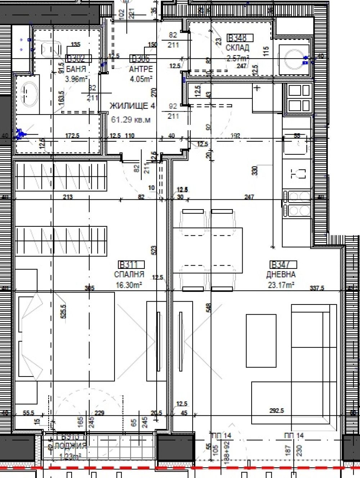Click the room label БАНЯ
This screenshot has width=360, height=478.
pyautogui.click(x=76, y=69)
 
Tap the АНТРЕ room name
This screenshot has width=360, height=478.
pyautogui.click(x=141, y=69)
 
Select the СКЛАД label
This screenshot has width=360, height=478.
pyautogui.click(x=237, y=48)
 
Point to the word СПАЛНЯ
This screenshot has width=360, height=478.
pyautogui.click(x=129, y=274)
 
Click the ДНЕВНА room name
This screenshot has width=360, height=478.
pyautogui.click(x=281, y=274)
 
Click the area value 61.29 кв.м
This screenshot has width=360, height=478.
pyautogui.click(x=131, y=119)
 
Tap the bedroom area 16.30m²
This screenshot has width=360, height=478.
pyautogui.click(x=129, y=285)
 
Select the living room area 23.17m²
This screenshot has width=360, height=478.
pyautogui.click(x=281, y=285)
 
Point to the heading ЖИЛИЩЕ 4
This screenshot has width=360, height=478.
pyautogui.click(x=132, y=106)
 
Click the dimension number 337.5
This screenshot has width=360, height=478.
pyautogui.click(x=317, y=288)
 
